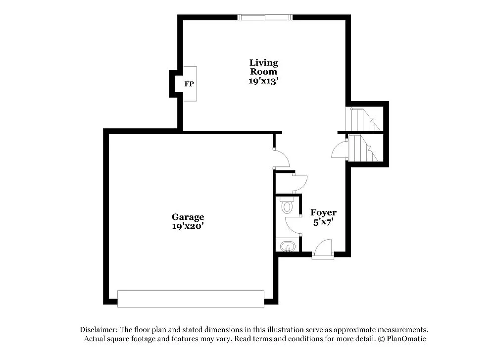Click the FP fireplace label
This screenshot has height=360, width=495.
click(x=189, y=84)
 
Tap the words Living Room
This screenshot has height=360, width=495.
click(x=263, y=67)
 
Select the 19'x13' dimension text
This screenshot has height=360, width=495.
click(x=263, y=81)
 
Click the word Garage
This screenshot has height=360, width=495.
click(x=188, y=217)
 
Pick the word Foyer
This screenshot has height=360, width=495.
click(x=323, y=212)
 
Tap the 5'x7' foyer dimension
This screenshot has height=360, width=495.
click(x=323, y=222)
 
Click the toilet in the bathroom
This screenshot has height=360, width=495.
click(x=288, y=206)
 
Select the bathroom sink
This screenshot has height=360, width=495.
click(x=288, y=245)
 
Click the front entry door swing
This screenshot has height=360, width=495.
click(x=323, y=248)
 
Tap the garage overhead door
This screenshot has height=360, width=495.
click(x=191, y=299)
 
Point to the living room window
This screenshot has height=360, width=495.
click(x=265, y=17)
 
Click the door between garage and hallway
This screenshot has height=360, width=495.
click(x=281, y=158)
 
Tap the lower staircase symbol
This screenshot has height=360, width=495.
click(x=364, y=149)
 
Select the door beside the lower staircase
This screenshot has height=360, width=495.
click(x=340, y=150)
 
